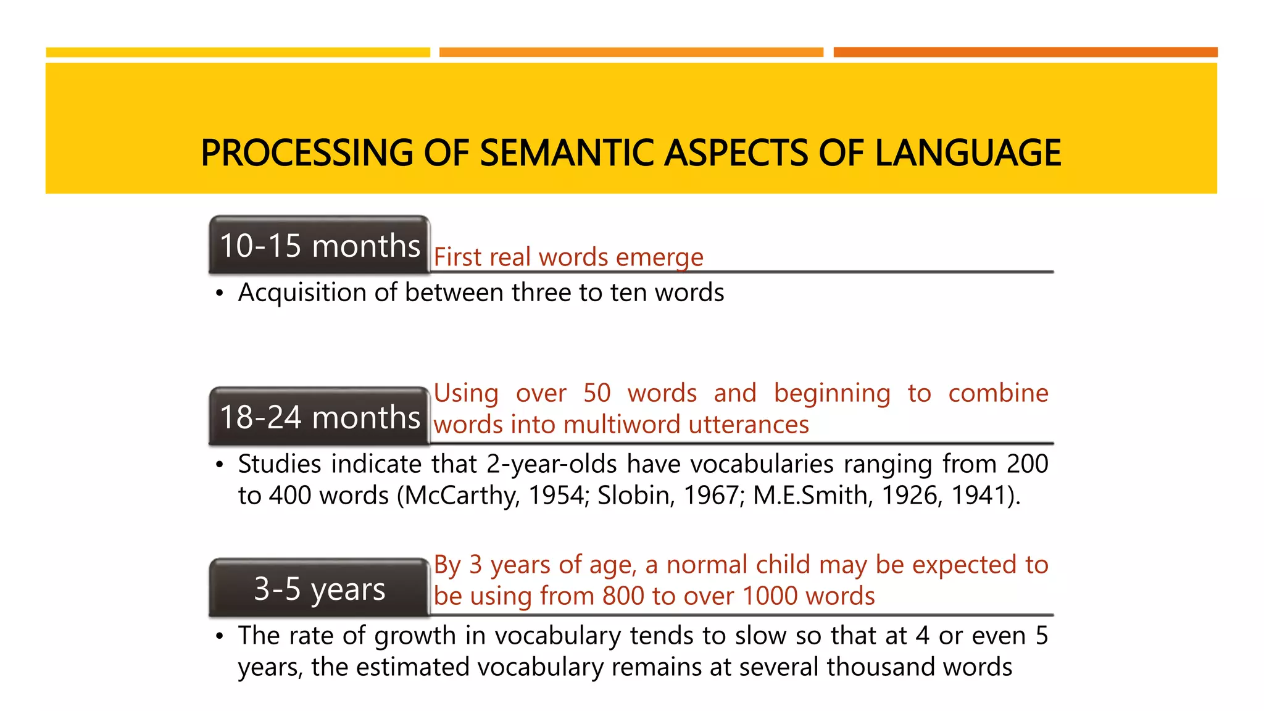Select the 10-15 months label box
pos(319,246)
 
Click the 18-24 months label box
pos(319,417)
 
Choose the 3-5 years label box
pos(319,589)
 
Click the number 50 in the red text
pos(597,393)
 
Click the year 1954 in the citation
pos(558,496)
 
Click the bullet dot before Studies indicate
pos(219,465)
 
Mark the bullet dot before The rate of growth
pos(219,637)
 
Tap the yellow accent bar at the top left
pos(238,52)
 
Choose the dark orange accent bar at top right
pos(1025,52)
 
